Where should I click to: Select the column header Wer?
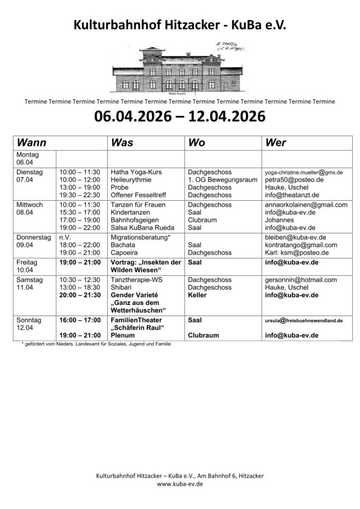click(x=276, y=143)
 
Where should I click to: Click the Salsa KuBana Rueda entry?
click(x=143, y=228)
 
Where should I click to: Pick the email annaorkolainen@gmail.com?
click(x=306, y=204)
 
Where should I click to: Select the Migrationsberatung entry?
click(x=141, y=237)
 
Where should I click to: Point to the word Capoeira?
click(x=125, y=253)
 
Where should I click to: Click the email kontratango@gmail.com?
click(x=301, y=245)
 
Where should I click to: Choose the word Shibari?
click(x=122, y=287)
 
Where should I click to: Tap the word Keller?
click(x=197, y=295)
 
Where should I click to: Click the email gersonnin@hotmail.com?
click(x=301, y=279)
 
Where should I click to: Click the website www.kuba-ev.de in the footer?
click(x=180, y=484)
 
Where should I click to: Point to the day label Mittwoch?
click(x=29, y=204)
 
